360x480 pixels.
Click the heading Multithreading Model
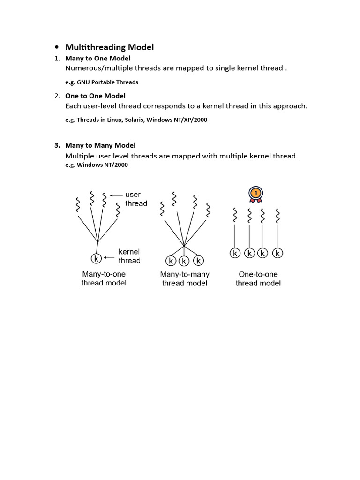pyautogui.click(x=109, y=47)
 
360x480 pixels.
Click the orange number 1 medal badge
pyautogui.click(x=255, y=194)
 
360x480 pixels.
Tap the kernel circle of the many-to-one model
pyautogui.click(x=96, y=258)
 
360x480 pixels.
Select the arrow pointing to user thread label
pyautogui.click(x=116, y=195)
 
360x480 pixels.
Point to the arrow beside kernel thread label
pyautogui.click(x=110, y=257)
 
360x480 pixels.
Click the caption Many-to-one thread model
pyautogui.click(x=104, y=278)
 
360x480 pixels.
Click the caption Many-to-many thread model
pyautogui.click(x=185, y=278)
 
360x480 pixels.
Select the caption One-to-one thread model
pyautogui.click(x=258, y=278)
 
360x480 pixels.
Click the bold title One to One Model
pyautogui.click(x=95, y=96)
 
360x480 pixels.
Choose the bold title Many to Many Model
pyautogui.click(x=100, y=145)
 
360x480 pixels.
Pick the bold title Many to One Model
pyautogui.click(x=97, y=58)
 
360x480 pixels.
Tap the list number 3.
pyautogui.click(x=57, y=145)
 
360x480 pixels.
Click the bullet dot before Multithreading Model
pyautogui.click(x=56, y=47)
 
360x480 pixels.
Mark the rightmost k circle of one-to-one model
pyautogui.click(x=278, y=254)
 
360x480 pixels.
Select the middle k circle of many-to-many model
pyautogui.click(x=185, y=261)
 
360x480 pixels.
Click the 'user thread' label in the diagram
pyautogui.click(x=136, y=199)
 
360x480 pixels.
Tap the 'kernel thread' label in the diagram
pyautogui.click(x=129, y=256)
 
